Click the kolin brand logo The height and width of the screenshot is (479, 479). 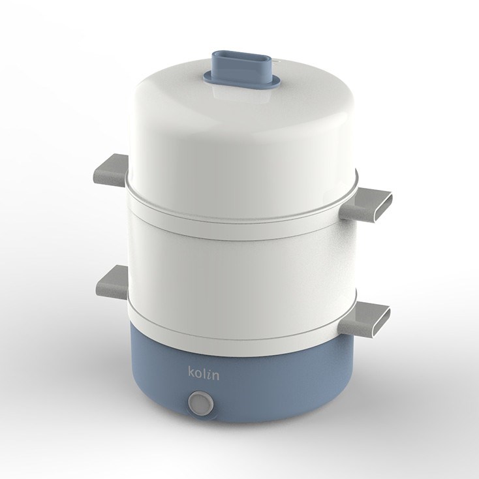[x=204, y=373]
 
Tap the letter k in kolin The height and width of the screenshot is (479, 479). [x=191, y=373]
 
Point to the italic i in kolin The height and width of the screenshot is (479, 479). [x=209, y=375]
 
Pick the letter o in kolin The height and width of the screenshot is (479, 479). [x=198, y=375]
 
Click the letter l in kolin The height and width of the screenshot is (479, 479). [x=204, y=373]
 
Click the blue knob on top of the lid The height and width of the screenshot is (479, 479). [x=241, y=69]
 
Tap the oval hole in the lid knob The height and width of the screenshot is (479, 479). [x=241, y=57]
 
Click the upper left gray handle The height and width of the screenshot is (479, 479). [x=112, y=170]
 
